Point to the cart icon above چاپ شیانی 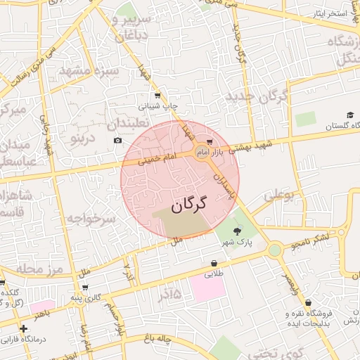coord(156,96)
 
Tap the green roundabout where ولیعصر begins coord(275,250)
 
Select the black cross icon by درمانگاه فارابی coord(23,328)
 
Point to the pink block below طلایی coord(207,289)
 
